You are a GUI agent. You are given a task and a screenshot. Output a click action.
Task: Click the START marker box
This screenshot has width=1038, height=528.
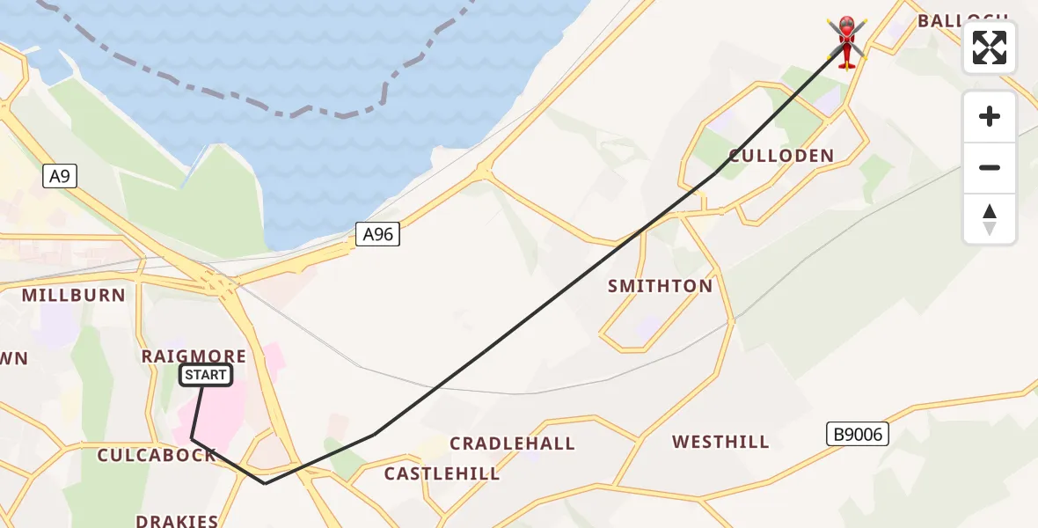pyautogui.click(x=206, y=376)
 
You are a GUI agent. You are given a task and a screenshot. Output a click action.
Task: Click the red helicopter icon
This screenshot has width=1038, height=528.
pyautogui.click(x=846, y=40)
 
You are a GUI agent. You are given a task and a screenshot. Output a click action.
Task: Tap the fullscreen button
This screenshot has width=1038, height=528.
pyautogui.click(x=990, y=48)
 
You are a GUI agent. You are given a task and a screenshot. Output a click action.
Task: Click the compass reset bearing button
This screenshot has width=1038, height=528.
pyautogui.click(x=990, y=219)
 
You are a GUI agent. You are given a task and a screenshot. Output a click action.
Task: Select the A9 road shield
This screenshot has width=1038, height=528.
pyautogui.click(x=60, y=176)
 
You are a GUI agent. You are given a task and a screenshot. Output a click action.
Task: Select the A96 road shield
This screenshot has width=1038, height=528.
pyautogui.click(x=377, y=234)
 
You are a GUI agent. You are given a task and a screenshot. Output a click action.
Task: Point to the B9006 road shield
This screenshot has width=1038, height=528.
pyautogui.click(x=858, y=433)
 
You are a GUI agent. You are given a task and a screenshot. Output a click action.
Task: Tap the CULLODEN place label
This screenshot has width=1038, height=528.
pyautogui.click(x=781, y=156)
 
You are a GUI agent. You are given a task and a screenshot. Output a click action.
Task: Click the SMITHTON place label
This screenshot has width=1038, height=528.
pyautogui.click(x=660, y=286)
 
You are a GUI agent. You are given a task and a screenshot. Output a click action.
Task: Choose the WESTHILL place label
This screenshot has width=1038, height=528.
pyautogui.click(x=720, y=442)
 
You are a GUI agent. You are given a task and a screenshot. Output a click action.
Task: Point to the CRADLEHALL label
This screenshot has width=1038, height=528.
pyautogui.click(x=512, y=444)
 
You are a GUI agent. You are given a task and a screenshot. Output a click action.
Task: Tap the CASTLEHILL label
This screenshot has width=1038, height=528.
pyautogui.click(x=442, y=474)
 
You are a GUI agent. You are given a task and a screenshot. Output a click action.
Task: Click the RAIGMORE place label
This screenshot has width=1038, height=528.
pyautogui.click(x=194, y=356)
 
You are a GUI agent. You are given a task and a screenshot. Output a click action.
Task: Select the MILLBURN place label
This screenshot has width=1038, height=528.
pyautogui.click(x=74, y=296)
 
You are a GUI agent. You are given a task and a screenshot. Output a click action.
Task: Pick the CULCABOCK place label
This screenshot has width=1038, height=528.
pyautogui.click(x=157, y=455)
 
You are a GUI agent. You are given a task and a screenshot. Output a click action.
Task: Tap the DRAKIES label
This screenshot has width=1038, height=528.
pyautogui.click(x=177, y=521)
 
